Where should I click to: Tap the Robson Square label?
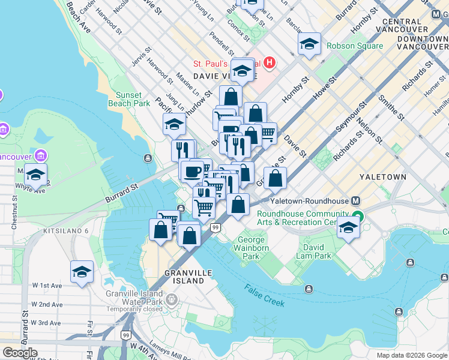(354, 46)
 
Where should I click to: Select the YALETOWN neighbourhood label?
(400, 177)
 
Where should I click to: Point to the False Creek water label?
(264, 295)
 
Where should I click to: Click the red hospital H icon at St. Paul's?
(270, 62)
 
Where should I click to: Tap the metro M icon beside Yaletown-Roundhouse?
(356, 201)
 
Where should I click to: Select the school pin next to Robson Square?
(309, 43)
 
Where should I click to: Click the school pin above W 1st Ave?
(82, 272)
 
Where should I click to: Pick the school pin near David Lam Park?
(348, 226)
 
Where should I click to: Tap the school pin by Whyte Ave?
(35, 174)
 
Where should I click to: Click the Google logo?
(20, 352)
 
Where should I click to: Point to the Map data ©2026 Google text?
(412, 355)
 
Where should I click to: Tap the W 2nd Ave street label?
(47, 304)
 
